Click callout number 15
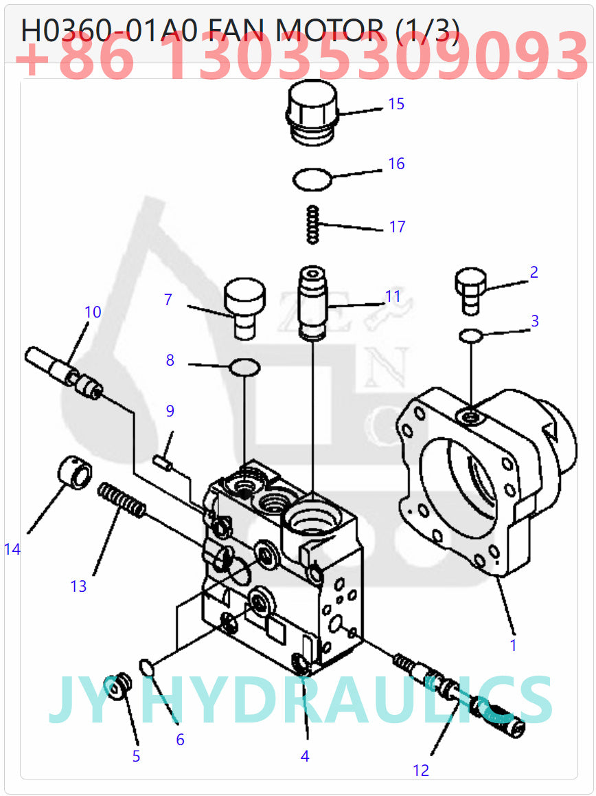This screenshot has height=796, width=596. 396,104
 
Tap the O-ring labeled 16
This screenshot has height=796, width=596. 312,180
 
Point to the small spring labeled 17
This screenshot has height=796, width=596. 313,224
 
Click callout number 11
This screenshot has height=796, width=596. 393,296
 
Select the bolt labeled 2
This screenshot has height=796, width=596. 470,289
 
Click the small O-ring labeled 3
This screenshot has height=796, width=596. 470,335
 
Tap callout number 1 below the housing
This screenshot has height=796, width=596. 513,645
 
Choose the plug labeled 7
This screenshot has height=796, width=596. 244,307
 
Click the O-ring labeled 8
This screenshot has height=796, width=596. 245,367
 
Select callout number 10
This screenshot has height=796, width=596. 93,312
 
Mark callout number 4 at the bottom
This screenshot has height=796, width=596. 305,755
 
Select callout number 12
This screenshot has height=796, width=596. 421,771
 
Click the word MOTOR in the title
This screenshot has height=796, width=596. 329,30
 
